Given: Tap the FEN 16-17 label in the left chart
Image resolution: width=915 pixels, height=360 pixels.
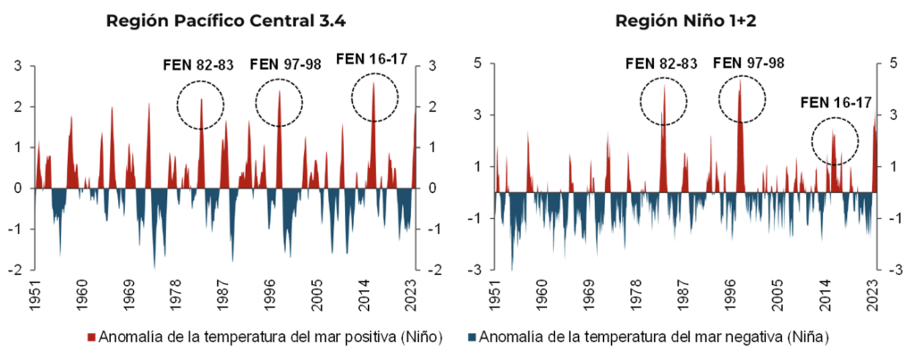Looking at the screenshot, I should coord(372,60).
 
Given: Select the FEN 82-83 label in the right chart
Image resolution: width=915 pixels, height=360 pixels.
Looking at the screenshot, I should coord(662,63).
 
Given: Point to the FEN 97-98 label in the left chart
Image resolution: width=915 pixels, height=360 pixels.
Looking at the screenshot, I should coord(280,64).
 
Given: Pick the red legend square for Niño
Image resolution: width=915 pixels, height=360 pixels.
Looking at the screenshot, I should coord(91,338).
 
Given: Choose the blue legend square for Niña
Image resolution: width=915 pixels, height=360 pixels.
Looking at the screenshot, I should coord(471,338).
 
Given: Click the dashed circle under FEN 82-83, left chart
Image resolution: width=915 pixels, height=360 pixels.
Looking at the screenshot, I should coord(200,105).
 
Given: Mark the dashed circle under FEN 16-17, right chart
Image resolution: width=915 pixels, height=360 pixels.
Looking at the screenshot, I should coord(835,140).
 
